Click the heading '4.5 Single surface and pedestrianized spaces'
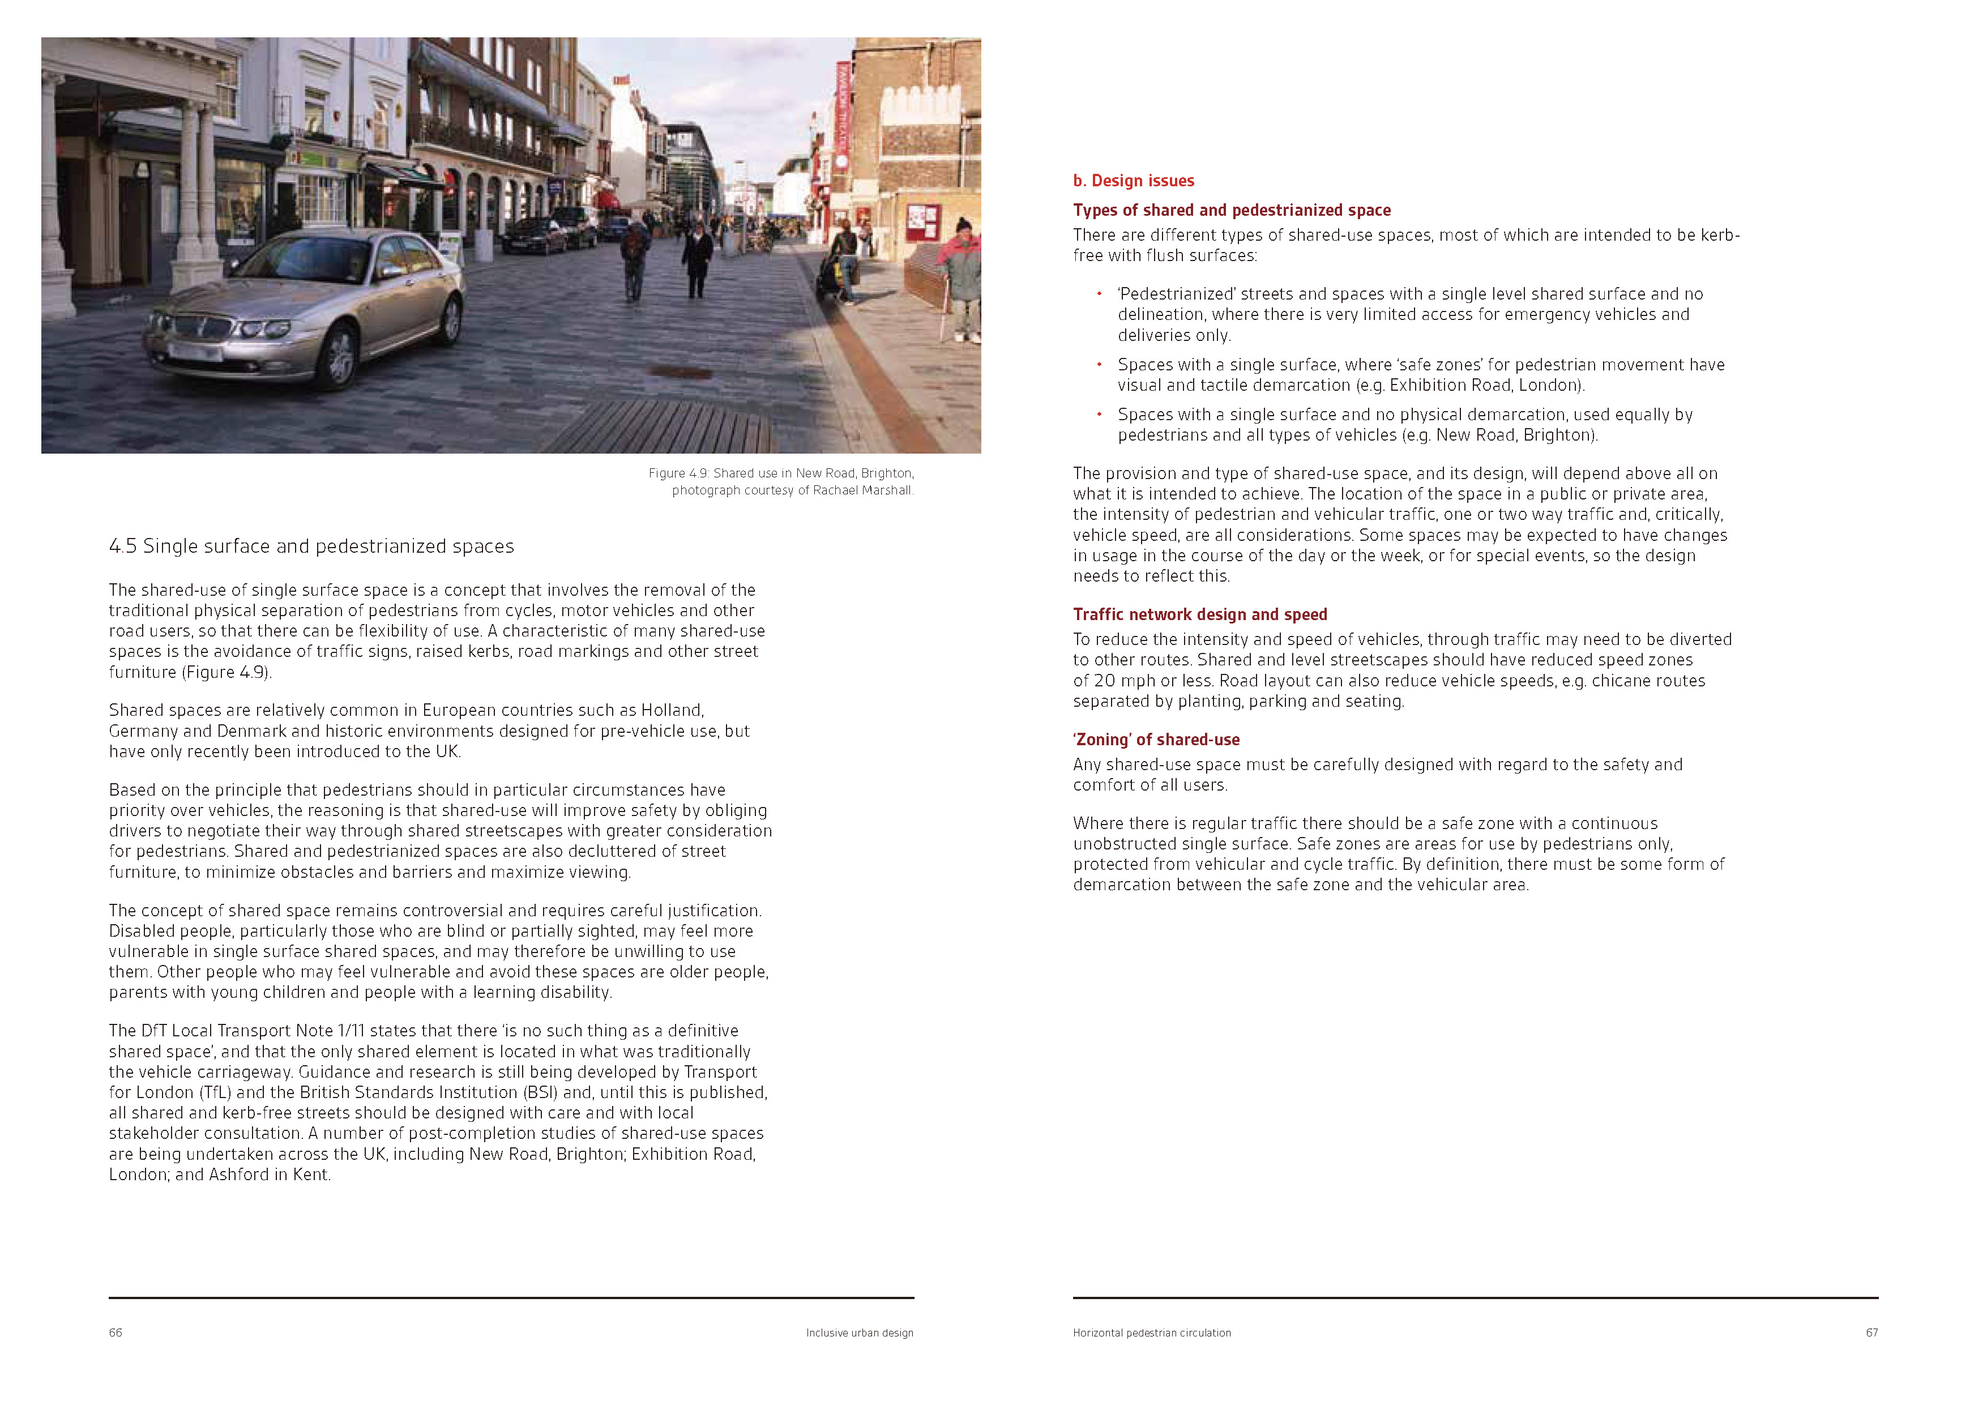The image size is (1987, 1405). [x=311, y=546]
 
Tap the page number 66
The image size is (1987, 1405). [x=115, y=1333]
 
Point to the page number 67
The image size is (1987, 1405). [x=1871, y=1333]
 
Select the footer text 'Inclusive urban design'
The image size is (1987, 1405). [x=860, y=1333]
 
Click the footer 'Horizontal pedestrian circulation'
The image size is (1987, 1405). [x=1151, y=1333]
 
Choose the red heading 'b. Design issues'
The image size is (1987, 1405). [x=1133, y=181]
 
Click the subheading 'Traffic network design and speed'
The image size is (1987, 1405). [x=1199, y=614]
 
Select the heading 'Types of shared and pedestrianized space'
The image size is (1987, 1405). [x=1232, y=210]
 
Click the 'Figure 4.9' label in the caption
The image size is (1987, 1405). [x=678, y=473]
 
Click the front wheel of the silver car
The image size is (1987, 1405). [x=341, y=357]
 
